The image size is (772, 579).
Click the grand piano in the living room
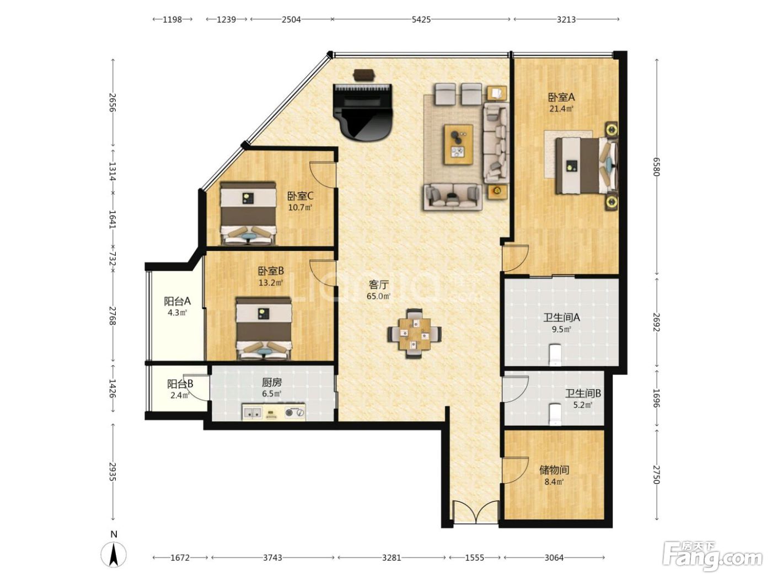(x=362, y=112)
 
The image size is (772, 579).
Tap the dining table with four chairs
(x=414, y=333)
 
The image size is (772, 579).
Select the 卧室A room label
(x=561, y=97)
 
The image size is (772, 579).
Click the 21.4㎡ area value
(x=561, y=109)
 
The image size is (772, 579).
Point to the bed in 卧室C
(x=248, y=213)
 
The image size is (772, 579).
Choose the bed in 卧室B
(x=264, y=328)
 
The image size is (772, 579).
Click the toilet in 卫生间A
(x=555, y=355)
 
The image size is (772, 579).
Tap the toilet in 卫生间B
(x=555, y=415)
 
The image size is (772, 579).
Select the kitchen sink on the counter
(x=253, y=412)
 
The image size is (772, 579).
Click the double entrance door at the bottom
(x=476, y=513)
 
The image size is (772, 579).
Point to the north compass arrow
(x=113, y=554)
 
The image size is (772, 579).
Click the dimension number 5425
(x=421, y=19)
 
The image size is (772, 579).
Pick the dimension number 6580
(x=656, y=167)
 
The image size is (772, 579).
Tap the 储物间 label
(x=554, y=470)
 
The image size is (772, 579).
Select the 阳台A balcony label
(x=177, y=301)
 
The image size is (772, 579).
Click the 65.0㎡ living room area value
(x=378, y=296)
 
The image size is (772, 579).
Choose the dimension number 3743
(x=272, y=557)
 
